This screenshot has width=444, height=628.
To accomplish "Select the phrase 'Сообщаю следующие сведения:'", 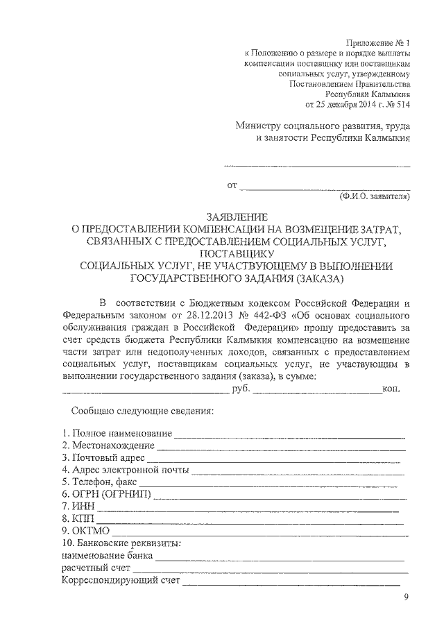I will pyautogui.click(x=139, y=411).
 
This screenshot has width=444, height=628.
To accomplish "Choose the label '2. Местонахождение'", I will pyautogui.click(x=108, y=446).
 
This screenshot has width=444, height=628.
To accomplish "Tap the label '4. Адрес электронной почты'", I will pyautogui.click(x=126, y=470).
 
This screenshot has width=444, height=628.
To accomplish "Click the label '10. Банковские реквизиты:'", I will pyautogui.click(x=121, y=543).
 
